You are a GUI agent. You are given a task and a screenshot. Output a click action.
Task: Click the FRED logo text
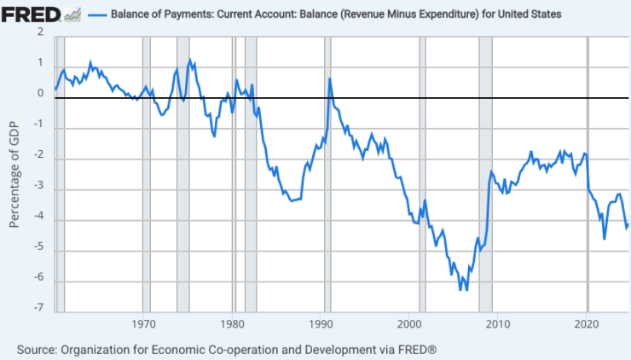30,15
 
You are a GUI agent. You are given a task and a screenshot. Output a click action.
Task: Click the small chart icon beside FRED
72,15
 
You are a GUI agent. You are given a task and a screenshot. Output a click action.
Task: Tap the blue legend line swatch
97,15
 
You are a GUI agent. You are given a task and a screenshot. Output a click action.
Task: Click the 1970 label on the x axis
144,324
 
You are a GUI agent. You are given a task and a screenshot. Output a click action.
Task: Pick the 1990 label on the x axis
321,324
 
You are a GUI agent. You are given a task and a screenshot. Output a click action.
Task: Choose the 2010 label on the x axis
498,324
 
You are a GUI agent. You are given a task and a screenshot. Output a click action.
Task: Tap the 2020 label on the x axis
587,324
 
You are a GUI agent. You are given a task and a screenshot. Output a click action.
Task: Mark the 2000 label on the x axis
409,324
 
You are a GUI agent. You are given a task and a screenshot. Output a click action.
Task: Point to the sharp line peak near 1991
329,79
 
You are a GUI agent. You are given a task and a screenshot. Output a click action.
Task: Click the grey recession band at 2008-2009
485,171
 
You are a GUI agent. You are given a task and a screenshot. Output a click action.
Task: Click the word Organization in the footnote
104,350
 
